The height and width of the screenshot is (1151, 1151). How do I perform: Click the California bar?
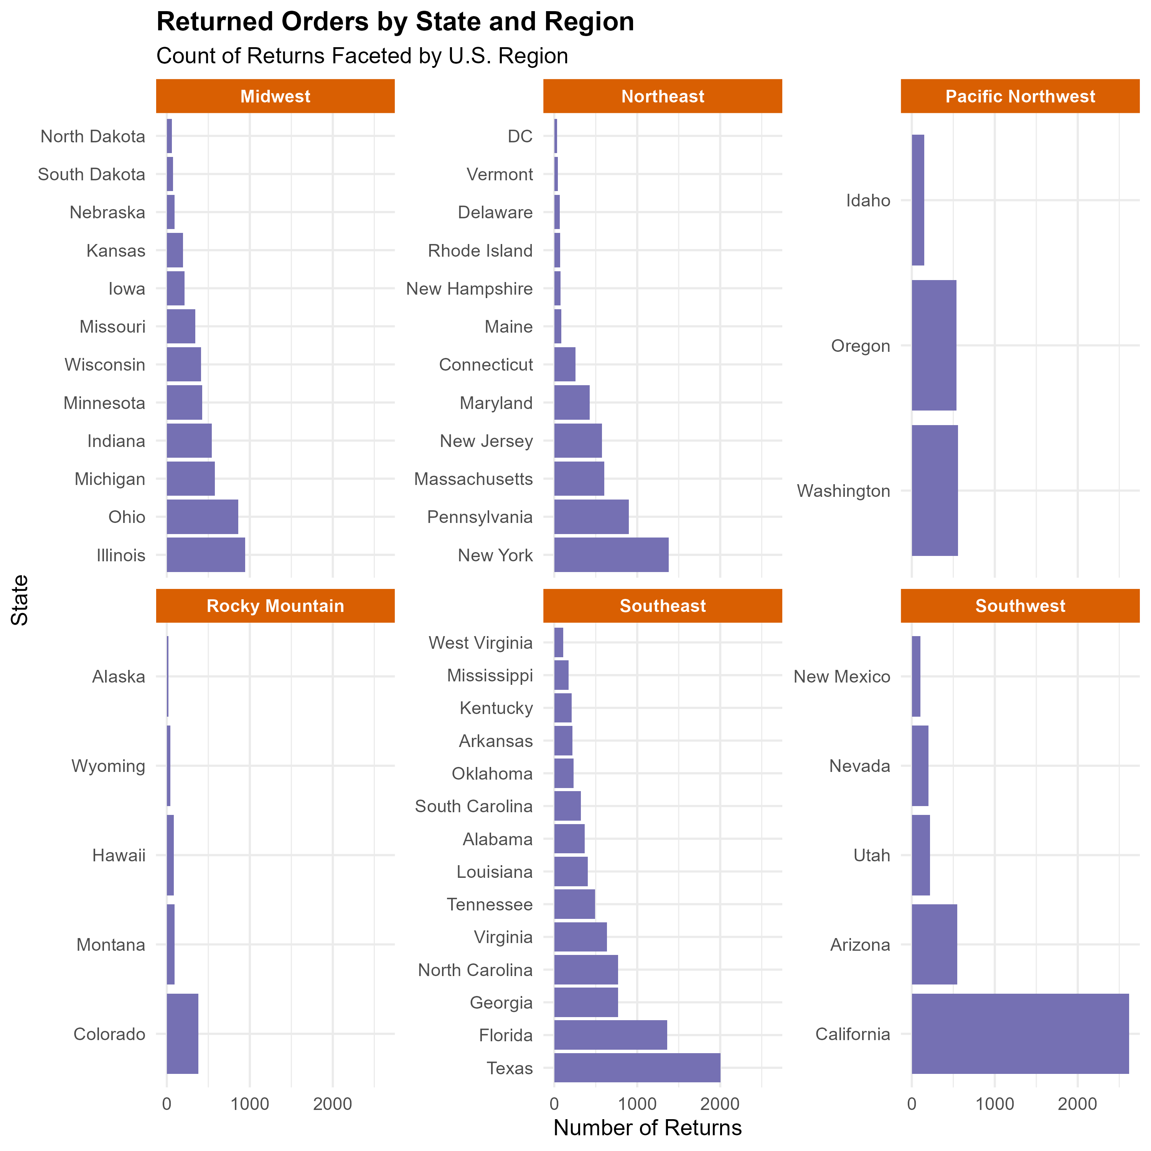pos(1020,1034)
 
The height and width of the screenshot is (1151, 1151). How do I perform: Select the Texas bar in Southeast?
pos(637,1068)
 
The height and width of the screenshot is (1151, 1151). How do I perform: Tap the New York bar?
pos(611,555)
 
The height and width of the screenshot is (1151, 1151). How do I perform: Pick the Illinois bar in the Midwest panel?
pos(206,555)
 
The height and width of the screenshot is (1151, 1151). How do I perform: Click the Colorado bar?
pos(182,1034)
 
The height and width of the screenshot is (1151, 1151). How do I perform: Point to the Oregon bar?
pos(933,346)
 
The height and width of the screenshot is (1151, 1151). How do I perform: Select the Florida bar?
pos(611,1035)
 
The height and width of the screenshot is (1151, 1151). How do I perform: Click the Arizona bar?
pos(934,944)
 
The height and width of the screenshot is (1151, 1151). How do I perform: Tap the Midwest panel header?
pos(275,96)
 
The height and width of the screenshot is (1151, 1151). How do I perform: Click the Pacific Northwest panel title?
pos(1020,96)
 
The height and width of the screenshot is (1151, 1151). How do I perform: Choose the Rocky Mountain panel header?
pos(275,606)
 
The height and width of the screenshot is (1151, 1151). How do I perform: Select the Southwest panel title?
pos(1020,606)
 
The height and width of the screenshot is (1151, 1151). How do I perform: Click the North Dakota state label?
pos(93,137)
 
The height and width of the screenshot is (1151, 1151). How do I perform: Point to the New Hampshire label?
pos(470,289)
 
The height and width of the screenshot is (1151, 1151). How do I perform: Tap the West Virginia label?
pos(480,643)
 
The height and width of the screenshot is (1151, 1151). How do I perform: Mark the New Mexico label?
pos(842,677)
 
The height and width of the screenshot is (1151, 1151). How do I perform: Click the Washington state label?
pos(844,491)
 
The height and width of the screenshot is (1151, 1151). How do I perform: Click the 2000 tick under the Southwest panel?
pos(1077,1104)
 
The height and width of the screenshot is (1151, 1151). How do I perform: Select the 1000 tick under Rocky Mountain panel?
pos(250,1104)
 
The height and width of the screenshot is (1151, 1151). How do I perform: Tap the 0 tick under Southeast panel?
pos(554,1104)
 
